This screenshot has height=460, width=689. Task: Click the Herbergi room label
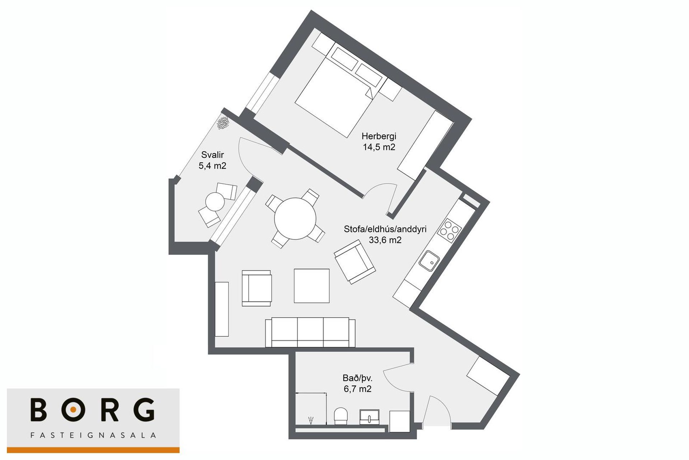click(379, 137)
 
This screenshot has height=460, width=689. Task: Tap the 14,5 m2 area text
click(379, 147)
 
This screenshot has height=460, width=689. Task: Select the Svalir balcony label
click(212, 155)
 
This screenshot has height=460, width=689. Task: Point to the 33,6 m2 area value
click(385, 240)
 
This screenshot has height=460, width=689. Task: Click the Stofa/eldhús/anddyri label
click(385, 229)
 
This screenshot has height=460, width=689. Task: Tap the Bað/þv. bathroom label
click(357, 378)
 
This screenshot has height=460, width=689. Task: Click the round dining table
click(295, 219)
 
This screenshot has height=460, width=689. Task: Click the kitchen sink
click(429, 261)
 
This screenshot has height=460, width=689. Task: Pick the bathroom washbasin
click(370, 417)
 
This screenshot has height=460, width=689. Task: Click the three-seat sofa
click(310, 332)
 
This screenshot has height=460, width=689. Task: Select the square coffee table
click(312, 286)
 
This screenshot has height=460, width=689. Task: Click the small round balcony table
click(215, 202)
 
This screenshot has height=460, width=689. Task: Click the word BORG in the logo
click(93, 409)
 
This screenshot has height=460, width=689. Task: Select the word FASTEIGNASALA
click(93, 435)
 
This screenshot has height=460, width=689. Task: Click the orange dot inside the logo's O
click(73, 409)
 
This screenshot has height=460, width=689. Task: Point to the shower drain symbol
click(311, 420)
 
